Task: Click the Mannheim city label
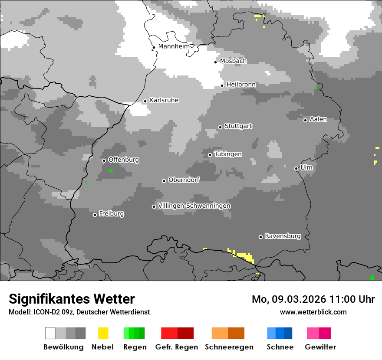click(x=174, y=46)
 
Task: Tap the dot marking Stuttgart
click(x=220, y=127)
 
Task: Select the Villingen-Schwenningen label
click(x=194, y=206)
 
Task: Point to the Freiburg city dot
click(x=95, y=215)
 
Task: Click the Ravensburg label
click(x=283, y=236)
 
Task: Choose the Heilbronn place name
click(x=241, y=85)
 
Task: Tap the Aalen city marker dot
click(x=305, y=120)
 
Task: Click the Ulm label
click(x=306, y=167)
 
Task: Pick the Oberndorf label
click(x=184, y=180)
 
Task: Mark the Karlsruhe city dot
click(x=145, y=101)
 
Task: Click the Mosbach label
click(x=233, y=61)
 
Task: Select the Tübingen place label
click(x=228, y=154)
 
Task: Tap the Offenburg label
click(x=124, y=160)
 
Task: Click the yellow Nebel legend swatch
click(x=103, y=333)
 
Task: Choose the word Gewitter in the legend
click(x=320, y=347)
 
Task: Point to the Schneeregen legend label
click(x=229, y=347)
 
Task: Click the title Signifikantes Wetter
click(x=72, y=299)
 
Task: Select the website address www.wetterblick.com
click(x=313, y=312)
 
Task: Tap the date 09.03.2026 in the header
click(x=294, y=299)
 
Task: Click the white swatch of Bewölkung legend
click(x=50, y=333)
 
